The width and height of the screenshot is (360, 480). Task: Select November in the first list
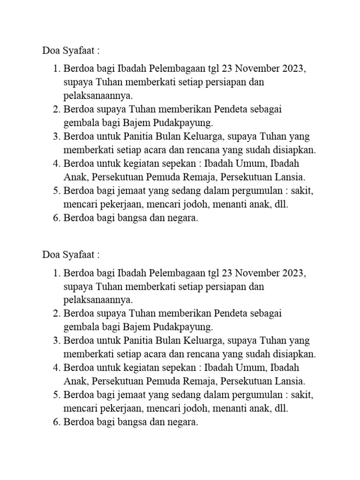[256, 69]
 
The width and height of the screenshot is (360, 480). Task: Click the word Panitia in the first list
[140, 137]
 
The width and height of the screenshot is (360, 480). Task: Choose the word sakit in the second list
[301, 395]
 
